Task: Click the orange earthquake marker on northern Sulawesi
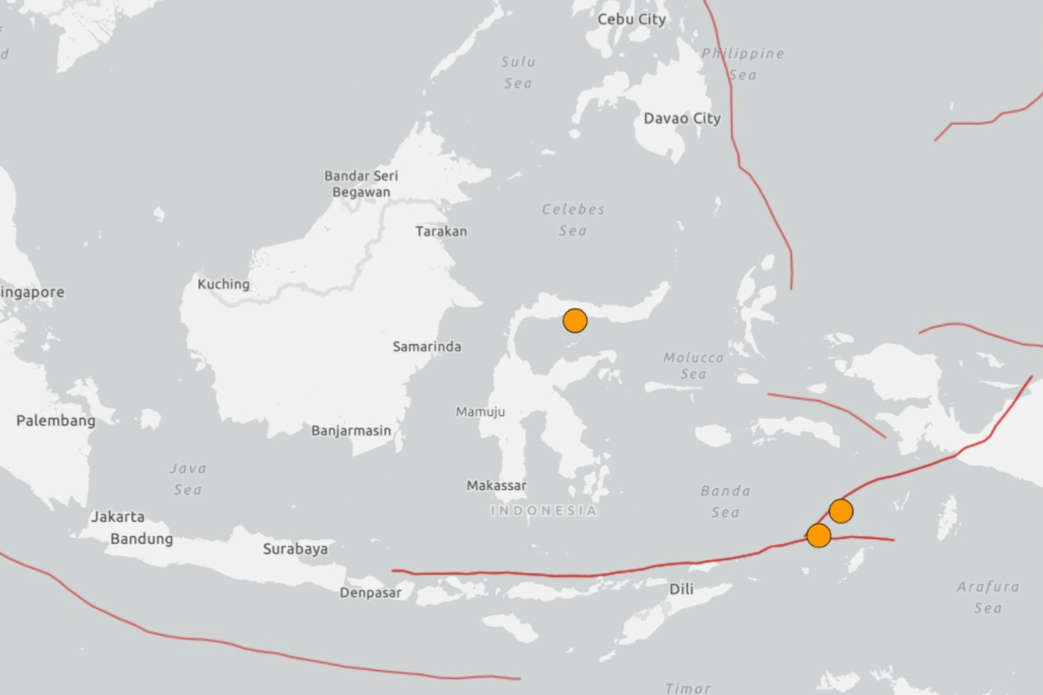575,321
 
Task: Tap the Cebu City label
632,18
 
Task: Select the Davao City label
682,118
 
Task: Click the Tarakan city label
441,231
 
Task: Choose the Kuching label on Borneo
223,284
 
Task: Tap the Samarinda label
427,347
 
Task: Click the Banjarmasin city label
351,430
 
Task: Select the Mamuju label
480,412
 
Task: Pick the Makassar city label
496,486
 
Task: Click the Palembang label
56,420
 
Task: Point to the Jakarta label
118,516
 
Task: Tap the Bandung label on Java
142,539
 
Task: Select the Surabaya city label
296,548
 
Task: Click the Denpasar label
371,592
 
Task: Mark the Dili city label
681,589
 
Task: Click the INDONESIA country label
543,511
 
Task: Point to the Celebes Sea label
573,220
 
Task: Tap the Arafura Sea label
987,597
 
